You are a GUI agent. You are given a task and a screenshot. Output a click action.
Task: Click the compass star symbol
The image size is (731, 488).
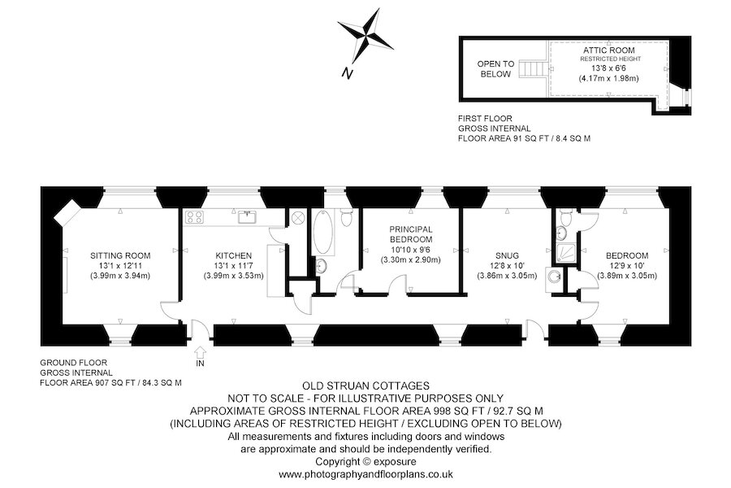[x=365, y=37]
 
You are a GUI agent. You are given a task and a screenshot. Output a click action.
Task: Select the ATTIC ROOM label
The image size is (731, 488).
[x=609, y=50]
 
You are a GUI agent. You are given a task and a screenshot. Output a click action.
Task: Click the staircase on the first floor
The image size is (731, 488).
[x=532, y=68]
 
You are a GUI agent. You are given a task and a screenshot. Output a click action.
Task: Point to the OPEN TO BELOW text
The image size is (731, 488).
[x=495, y=68]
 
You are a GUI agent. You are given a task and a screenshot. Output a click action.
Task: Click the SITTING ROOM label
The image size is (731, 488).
[x=120, y=255]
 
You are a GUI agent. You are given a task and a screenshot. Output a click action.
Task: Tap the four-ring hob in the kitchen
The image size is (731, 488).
[x=194, y=217]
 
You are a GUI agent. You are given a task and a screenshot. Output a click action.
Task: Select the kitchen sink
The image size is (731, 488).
[x=247, y=217]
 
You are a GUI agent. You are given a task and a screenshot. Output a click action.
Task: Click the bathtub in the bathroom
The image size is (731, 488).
[x=323, y=232]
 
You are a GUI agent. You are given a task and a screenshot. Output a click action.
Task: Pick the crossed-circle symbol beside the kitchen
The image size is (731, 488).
[x=298, y=218]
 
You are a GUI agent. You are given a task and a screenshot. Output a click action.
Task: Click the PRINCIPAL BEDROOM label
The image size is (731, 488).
[x=411, y=234]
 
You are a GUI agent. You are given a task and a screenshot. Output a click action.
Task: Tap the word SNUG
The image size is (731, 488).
[x=507, y=255]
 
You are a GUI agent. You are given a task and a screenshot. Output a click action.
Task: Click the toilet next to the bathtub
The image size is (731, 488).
[x=346, y=216]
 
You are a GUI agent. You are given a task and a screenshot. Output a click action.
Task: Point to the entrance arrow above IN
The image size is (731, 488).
[x=201, y=351]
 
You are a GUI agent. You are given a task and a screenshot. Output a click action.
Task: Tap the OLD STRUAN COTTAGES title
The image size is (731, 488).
[x=365, y=386]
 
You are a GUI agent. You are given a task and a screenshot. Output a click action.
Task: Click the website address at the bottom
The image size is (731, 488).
[x=365, y=474]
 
